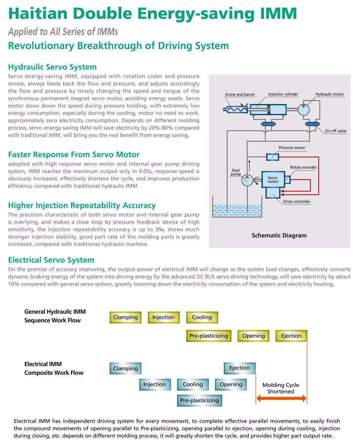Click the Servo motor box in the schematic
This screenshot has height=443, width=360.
pos(273,179)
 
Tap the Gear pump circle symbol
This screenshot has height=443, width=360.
pos(247,180)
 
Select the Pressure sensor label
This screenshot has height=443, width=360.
pos(292,148)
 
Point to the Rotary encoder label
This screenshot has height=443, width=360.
pos(303,167)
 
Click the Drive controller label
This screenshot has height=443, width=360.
pos(297,201)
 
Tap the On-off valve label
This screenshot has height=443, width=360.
pos(335,131)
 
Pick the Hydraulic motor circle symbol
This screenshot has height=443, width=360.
pos(303,110)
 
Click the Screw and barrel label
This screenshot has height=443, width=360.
pos(240,94)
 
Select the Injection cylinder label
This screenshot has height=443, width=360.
pos(283,94)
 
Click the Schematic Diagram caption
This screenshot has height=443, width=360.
pos(279,235)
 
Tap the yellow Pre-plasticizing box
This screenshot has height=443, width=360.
pos(209,336)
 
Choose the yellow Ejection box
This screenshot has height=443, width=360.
pos(291,336)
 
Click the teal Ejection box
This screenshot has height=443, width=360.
pos(240,368)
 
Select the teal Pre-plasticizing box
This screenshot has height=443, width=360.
pos(200,400)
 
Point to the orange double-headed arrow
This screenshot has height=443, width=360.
pos(281,398)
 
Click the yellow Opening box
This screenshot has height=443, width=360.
pos(253,336)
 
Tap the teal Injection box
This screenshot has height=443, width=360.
pos(155,384)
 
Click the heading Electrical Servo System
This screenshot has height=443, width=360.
pos(51,260)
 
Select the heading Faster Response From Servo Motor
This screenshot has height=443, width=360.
pos(74,155)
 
